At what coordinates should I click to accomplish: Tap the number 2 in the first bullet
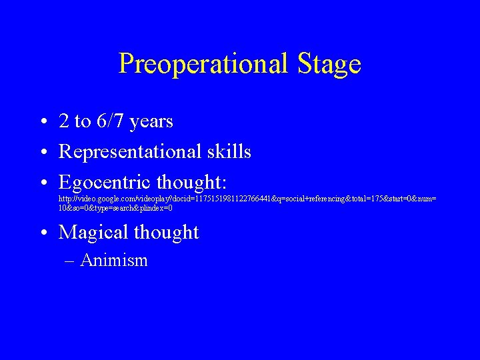(x=64, y=121)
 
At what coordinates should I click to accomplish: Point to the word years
(x=151, y=122)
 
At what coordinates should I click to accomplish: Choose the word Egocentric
(x=105, y=182)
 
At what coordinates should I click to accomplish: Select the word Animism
(x=113, y=260)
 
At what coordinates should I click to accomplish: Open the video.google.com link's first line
(x=247, y=199)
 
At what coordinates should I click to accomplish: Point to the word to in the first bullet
(x=83, y=122)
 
